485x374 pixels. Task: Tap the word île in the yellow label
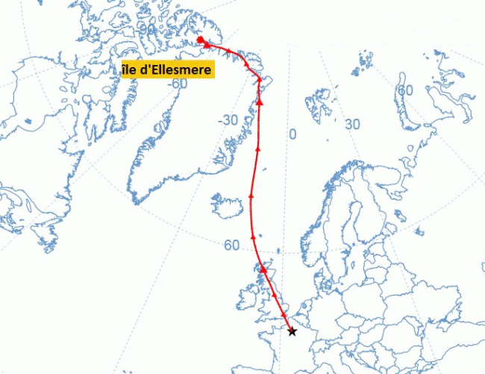tap(132, 70)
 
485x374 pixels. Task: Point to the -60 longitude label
tap(177, 83)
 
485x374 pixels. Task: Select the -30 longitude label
tap(228, 120)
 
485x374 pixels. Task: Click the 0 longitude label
tap(292, 134)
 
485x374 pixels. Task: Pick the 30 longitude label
tap(352, 124)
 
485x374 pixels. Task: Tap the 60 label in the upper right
tap(405, 90)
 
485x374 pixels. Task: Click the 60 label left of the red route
tap(231, 245)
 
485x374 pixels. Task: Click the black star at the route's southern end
tap(292, 331)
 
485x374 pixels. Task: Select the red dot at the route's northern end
tap(200, 40)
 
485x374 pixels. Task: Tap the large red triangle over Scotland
tap(263, 267)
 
